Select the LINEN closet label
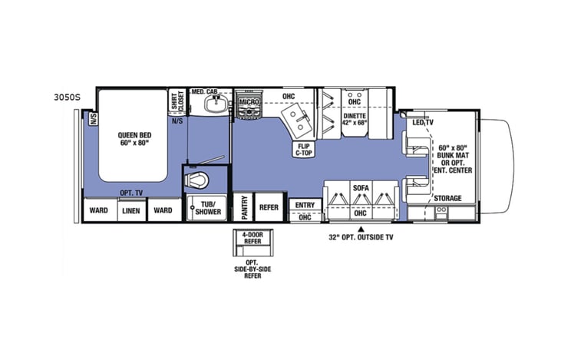click(x=130, y=210)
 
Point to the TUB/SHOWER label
click(x=206, y=209)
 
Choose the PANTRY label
click(x=243, y=207)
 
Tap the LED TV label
click(x=422, y=122)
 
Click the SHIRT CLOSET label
click(x=176, y=103)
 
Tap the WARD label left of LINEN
click(x=99, y=210)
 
